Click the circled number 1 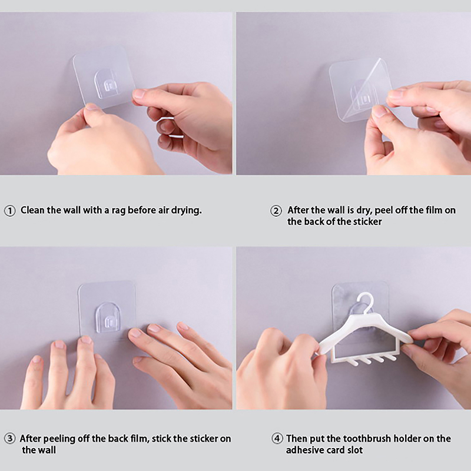coord(9,211)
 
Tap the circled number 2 coord(276,211)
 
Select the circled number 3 coord(9,439)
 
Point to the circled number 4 coord(277,439)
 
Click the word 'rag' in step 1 coord(119,211)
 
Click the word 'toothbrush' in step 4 coord(367,439)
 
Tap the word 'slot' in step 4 coord(355,450)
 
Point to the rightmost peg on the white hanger coord(390,357)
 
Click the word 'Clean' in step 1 coord(32,210)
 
